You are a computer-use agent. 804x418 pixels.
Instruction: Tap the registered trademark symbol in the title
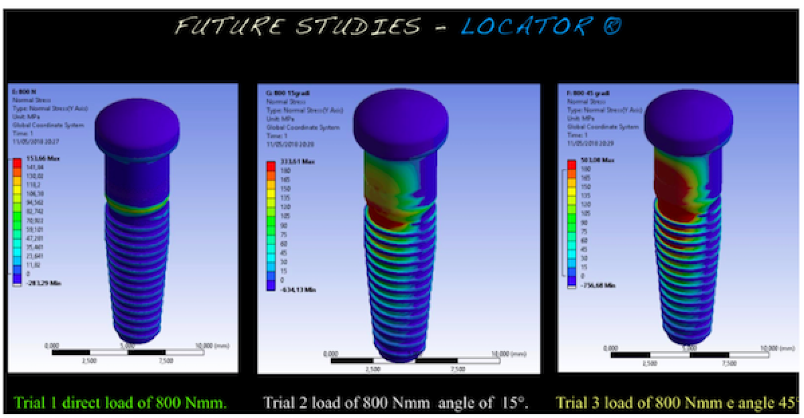click(610, 27)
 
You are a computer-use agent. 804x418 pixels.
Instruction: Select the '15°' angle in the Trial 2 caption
click(515, 403)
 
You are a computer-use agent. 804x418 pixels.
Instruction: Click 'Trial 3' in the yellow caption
click(578, 403)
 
